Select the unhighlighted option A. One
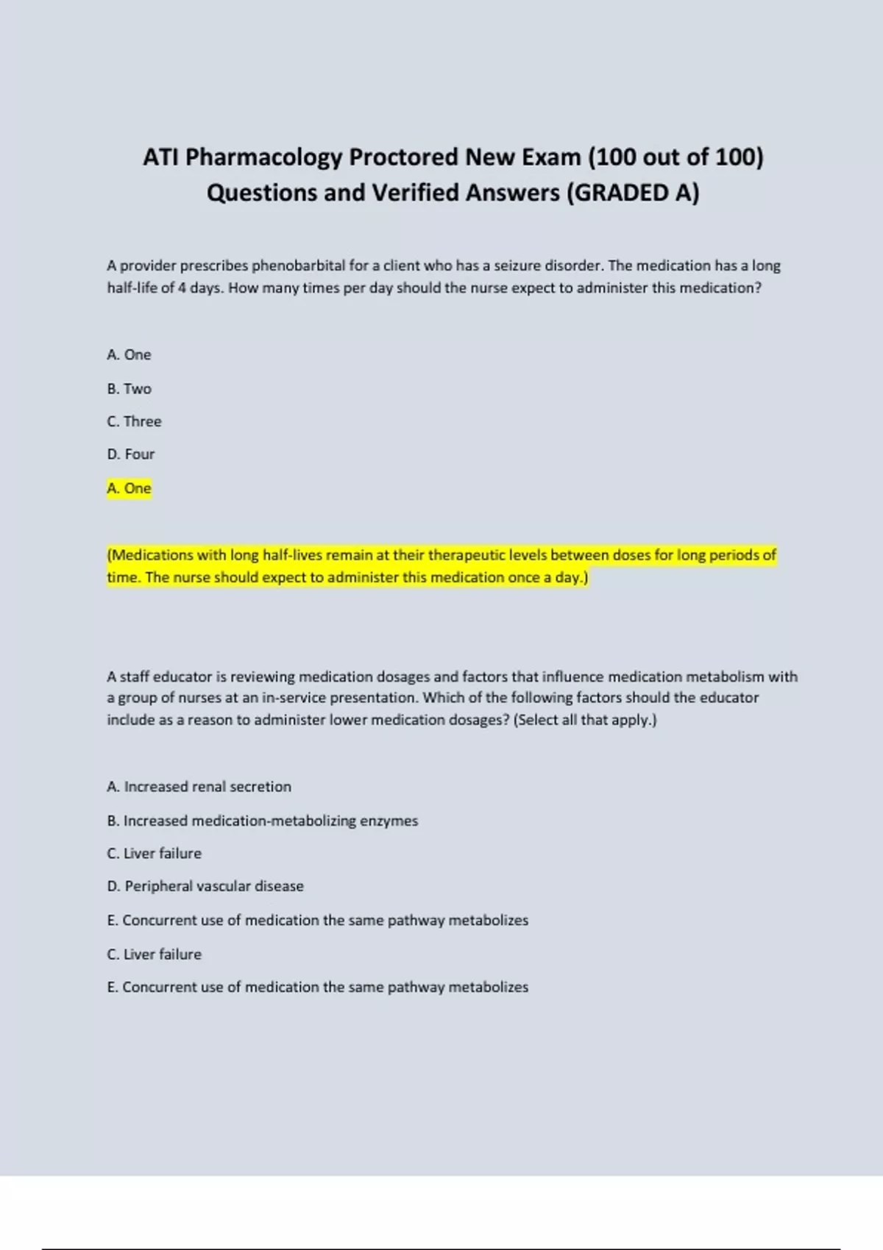(129, 354)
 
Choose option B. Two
(129, 388)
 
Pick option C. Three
(134, 421)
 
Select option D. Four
(130, 454)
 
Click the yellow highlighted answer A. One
(129, 488)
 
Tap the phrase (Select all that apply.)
(585, 720)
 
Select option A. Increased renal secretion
(199, 787)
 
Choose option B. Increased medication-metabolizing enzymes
(262, 821)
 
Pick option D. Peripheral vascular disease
(205, 886)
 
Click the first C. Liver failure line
(154, 854)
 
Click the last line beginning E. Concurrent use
(317, 987)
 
